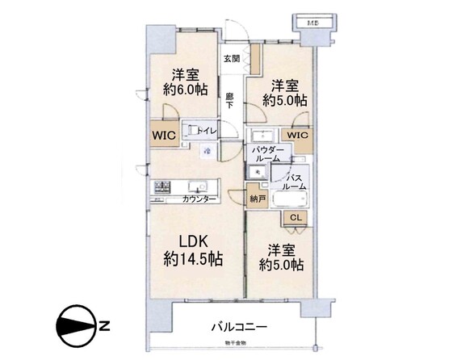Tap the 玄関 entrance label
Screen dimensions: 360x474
click(x=232, y=59)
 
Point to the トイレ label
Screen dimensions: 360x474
click(x=208, y=128)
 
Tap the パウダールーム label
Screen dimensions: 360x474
click(x=266, y=155)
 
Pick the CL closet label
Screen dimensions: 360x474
click(x=296, y=216)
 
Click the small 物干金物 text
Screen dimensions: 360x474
click(x=237, y=344)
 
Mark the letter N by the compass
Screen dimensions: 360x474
click(x=103, y=326)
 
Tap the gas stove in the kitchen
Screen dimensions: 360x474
click(x=160, y=187)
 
